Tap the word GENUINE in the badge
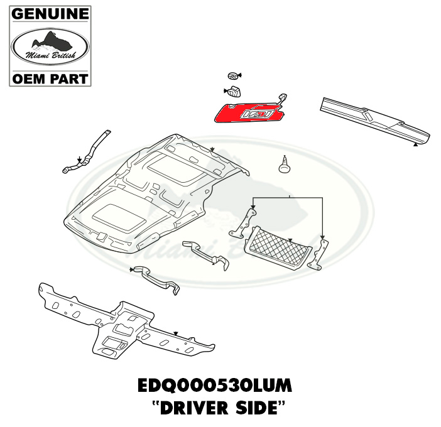[50, 14]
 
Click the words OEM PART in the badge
[50, 79]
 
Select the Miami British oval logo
[50, 46]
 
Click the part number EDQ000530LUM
[215, 386]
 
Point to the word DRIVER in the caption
[193, 408]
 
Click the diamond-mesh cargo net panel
[278, 247]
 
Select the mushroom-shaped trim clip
[285, 165]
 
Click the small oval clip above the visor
[233, 75]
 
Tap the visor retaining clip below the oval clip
[234, 91]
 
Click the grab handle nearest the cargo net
[207, 254]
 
